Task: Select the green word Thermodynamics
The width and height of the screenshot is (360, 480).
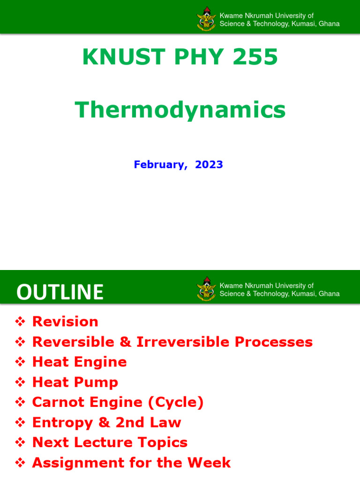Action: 180,110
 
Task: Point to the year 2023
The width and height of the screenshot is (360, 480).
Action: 209,165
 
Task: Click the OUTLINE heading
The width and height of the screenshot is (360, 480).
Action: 60,292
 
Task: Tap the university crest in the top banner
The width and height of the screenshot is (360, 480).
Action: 207,19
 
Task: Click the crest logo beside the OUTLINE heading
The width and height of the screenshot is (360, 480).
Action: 207,289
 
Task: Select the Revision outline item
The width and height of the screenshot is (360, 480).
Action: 65,322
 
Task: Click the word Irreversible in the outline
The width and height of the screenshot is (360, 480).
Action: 183,342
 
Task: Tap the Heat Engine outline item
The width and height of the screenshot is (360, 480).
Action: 79,362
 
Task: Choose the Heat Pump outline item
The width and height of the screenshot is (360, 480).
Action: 75,382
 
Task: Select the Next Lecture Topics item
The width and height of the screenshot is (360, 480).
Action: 110,442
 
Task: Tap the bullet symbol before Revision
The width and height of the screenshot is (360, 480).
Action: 20,322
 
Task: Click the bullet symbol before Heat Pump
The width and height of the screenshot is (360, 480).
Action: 20,382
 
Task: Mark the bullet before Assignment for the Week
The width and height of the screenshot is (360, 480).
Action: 20,463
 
